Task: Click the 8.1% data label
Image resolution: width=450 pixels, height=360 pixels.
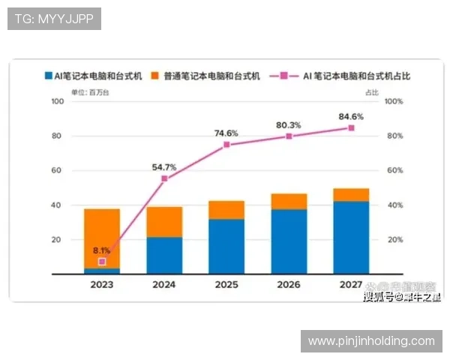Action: click(102, 250)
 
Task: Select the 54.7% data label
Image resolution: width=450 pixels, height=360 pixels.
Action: click(163, 167)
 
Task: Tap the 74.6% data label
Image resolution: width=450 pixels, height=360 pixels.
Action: click(226, 133)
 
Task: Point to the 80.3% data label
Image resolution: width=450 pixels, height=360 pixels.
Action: click(288, 125)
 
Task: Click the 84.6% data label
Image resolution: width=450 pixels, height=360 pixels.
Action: click(350, 116)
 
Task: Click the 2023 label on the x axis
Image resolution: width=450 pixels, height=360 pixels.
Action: click(102, 285)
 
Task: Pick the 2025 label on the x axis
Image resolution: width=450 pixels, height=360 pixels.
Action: click(226, 285)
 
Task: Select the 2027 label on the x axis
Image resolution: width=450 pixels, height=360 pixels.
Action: click(351, 285)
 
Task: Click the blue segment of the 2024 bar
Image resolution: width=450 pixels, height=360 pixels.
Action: click(164, 255)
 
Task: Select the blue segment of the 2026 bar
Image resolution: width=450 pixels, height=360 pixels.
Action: click(289, 241)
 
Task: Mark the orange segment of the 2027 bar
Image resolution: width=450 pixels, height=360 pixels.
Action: click(351, 195)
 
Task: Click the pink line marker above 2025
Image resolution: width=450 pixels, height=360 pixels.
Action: click(226, 145)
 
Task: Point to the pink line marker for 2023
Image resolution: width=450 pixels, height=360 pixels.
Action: click(102, 262)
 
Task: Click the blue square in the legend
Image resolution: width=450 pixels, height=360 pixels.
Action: click(47, 76)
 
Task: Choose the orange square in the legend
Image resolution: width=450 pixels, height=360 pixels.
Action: click(155, 76)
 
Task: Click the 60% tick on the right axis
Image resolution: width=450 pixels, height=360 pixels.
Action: click(394, 170)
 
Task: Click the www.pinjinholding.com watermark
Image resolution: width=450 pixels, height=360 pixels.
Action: click(371, 341)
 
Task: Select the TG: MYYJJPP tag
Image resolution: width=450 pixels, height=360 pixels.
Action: click(54, 18)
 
